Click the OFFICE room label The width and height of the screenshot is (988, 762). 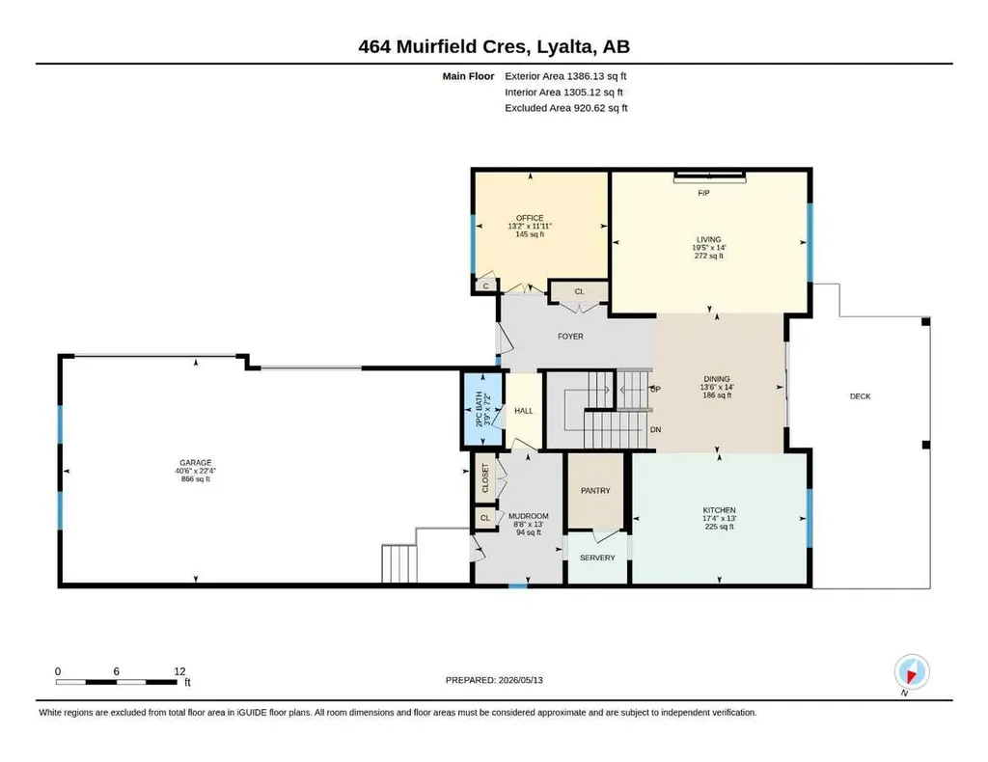pos(530,218)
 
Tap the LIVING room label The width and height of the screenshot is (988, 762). pos(708,239)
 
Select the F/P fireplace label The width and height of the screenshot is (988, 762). pos(703,193)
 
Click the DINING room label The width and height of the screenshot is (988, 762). pos(717,379)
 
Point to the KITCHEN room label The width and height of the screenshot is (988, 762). pos(719,510)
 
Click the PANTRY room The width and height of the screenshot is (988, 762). pos(595,491)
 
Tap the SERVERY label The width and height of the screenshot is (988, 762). pos(597,558)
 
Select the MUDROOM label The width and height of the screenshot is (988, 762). pos(528,516)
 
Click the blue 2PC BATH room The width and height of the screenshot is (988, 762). pos(483,410)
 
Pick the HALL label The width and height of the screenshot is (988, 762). pos(524,411)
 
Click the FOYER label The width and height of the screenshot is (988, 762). pos(570,337)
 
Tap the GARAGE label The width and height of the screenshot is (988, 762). pos(195,462)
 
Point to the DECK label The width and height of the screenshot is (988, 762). pos(860,396)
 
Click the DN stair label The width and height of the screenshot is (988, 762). pos(655,429)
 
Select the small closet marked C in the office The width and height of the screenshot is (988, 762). pos(486,286)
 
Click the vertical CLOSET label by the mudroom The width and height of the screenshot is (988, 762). pos(485,478)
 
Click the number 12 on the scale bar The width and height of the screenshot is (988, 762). pos(179,671)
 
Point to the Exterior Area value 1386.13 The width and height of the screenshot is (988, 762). pos(586,76)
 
